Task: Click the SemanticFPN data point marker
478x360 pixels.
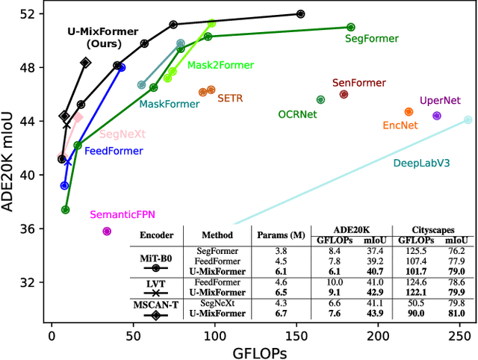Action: [107, 232]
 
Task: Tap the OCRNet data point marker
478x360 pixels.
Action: [320, 99]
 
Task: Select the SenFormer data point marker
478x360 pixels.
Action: [344, 94]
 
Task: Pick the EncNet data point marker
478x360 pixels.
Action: [409, 112]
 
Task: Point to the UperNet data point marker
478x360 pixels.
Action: [437, 116]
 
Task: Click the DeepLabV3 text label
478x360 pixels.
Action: [421, 162]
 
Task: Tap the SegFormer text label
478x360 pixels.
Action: [371, 38]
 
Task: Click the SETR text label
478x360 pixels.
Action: [229, 98]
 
